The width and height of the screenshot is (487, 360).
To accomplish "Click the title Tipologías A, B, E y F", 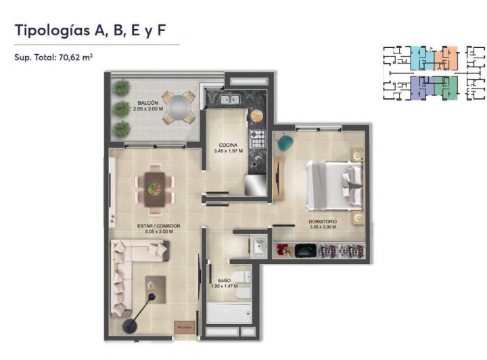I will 91,30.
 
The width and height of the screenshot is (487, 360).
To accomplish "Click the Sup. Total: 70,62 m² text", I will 53,58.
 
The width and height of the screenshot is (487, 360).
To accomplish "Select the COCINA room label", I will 227,145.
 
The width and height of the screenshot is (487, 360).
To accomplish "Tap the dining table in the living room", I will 155,185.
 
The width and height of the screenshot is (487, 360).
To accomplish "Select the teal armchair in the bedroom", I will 285,143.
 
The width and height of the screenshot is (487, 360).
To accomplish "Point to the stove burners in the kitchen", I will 257,139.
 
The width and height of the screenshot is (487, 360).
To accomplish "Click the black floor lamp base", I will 129,326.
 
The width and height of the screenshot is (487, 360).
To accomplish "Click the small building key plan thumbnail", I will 434,73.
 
